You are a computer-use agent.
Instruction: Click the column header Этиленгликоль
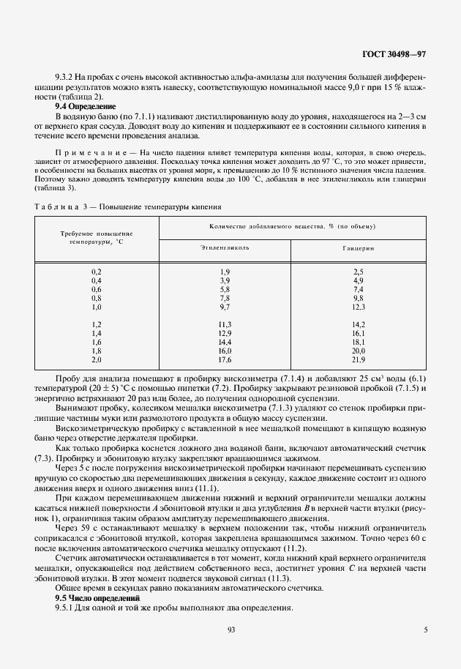click(225, 247)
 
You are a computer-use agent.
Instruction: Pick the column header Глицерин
click(358, 247)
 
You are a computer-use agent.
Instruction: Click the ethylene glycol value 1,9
click(225, 272)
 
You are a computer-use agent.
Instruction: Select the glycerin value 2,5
click(359, 272)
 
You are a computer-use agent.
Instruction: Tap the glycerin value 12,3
click(359, 307)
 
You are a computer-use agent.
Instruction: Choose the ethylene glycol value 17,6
click(225, 359)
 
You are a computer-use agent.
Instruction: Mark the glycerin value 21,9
click(359, 359)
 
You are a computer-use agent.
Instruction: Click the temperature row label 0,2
click(96, 272)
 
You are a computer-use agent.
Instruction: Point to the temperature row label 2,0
click(96, 359)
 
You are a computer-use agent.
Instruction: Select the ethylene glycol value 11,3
click(225, 324)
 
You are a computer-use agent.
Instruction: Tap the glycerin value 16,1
click(359, 333)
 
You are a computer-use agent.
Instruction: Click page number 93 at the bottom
click(230, 629)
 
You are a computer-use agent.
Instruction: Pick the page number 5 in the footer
click(426, 629)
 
